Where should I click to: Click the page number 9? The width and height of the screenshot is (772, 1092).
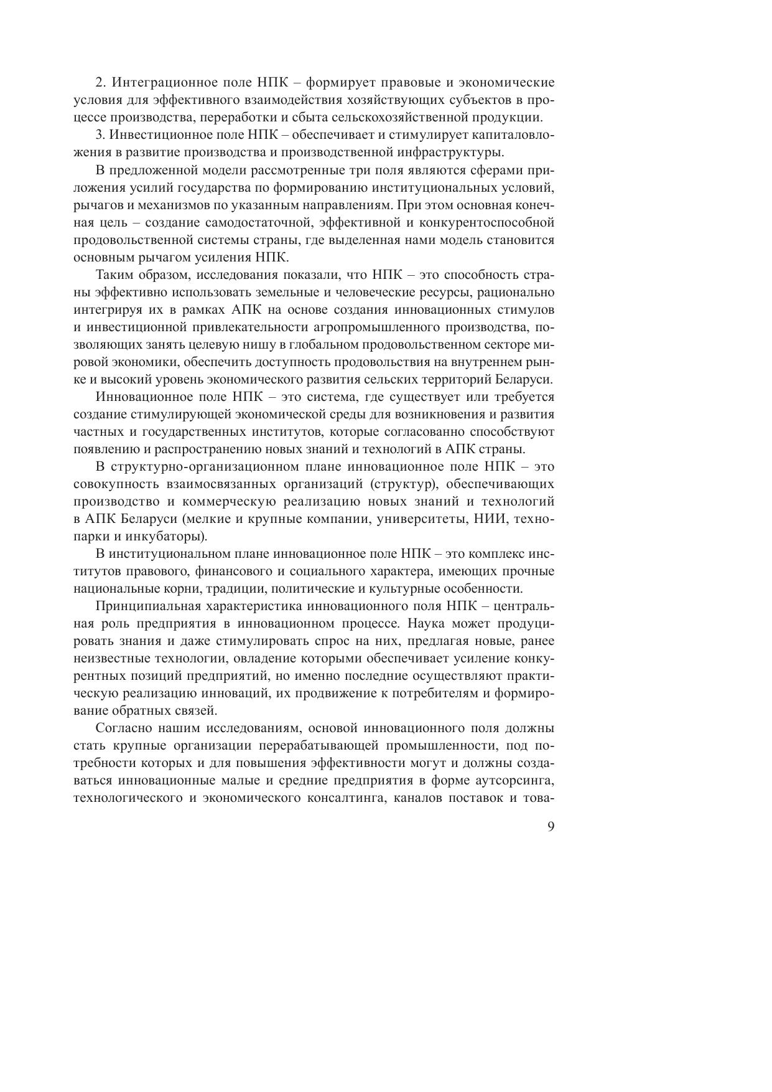pyautogui.click(x=551, y=827)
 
